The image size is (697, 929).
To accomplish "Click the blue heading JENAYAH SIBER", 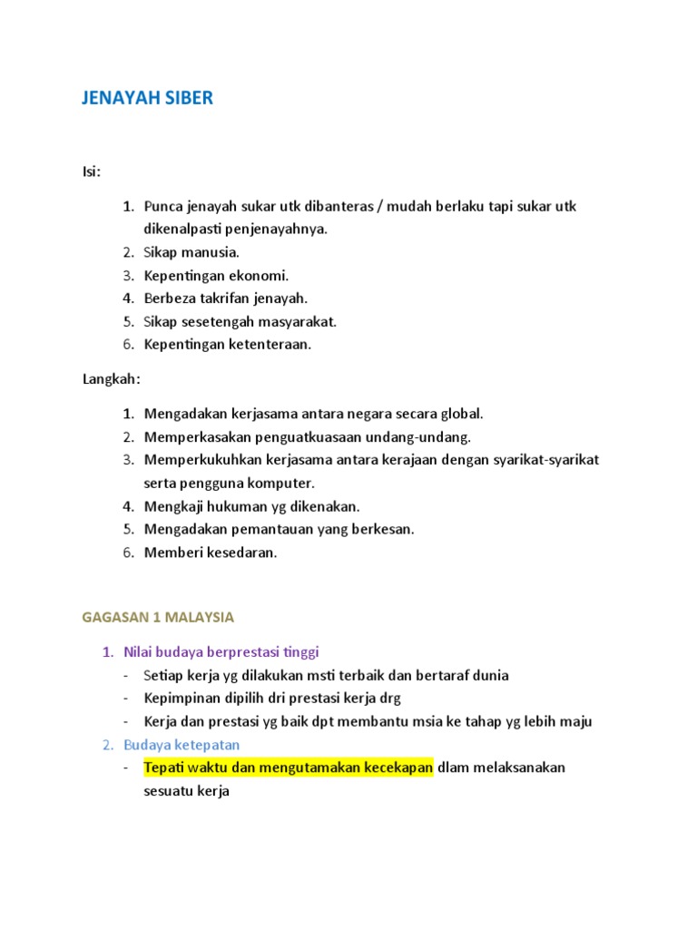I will pos(148,98).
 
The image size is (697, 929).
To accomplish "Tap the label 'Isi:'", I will pos(93,171).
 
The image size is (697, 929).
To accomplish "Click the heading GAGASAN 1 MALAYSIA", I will pos(158,617).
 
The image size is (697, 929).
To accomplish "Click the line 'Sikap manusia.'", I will pos(191,252).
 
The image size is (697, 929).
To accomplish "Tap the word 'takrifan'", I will pos(223,298).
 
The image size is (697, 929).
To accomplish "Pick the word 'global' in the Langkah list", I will pos(461,414).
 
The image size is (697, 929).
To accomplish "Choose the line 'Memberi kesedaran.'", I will pos(211,553).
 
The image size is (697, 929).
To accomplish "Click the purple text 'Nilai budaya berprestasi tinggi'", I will pos(221,651).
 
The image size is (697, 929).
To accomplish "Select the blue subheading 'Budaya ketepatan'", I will pos(182,744).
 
